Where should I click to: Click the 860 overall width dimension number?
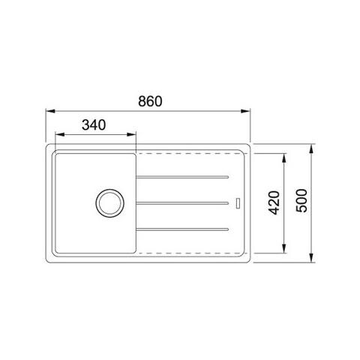coord(150,101)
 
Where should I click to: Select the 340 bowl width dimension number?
coord(94,125)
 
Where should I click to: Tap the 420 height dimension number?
coord(274,202)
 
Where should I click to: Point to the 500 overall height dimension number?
coord(301,201)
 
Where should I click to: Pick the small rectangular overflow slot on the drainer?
coord(238,203)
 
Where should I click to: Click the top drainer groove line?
coord(182,177)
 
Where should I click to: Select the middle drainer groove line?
coord(182,203)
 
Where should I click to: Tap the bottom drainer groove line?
coord(182,229)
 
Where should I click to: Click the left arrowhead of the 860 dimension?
coord(50,111)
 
